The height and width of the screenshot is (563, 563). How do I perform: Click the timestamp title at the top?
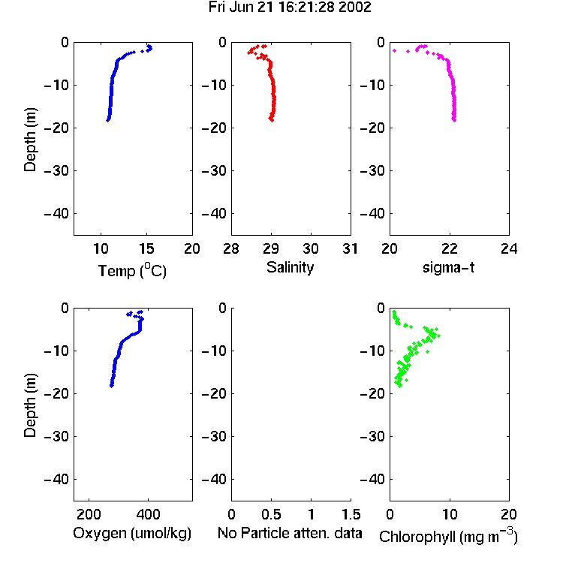point(290,8)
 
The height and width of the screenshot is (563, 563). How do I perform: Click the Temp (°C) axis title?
point(132,270)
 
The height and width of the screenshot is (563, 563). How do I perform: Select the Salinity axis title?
point(290,267)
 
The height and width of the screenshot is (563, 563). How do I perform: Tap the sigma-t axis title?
point(448,267)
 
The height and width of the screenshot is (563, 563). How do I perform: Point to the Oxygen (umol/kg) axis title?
point(132,533)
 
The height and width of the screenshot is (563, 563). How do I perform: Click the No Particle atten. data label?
point(290,533)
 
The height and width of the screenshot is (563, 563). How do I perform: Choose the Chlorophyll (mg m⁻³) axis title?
point(448,535)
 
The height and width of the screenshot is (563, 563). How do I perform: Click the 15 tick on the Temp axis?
point(146,248)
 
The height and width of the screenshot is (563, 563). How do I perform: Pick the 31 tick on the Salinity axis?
point(350,248)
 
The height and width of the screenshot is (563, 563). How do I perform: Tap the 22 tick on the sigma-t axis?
point(449,248)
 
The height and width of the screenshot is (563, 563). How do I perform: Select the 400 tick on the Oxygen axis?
point(148,514)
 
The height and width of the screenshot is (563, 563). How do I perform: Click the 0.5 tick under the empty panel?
point(271,514)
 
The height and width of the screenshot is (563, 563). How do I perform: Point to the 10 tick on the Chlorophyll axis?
point(449,514)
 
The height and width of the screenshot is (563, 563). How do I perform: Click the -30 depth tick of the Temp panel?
point(56,170)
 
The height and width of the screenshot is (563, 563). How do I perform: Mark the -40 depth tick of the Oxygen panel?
point(56,479)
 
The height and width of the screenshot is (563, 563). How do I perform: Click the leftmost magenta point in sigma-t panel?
point(394,50)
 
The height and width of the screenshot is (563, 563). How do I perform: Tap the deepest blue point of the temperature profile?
point(107,120)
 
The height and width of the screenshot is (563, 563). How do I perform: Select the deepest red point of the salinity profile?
point(272,119)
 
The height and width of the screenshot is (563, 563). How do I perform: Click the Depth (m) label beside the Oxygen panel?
point(30,405)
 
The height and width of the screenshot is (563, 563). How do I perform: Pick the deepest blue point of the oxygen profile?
point(112,386)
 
